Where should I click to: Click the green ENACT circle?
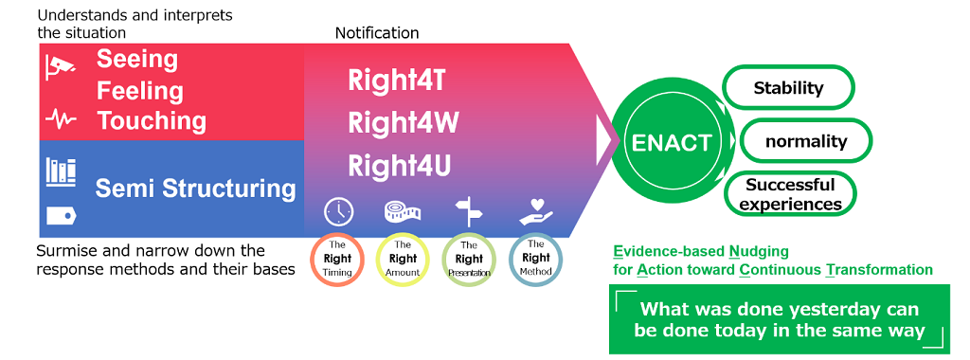click(x=672, y=143)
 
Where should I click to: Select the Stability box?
click(x=788, y=89)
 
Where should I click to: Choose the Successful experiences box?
click(x=790, y=194)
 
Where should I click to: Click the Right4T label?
click(x=396, y=79)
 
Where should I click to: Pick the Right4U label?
click(x=399, y=166)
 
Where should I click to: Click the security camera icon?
click(x=61, y=65)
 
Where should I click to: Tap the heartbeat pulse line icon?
click(x=61, y=119)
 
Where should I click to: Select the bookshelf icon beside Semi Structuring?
click(x=61, y=172)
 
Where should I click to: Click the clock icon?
click(x=338, y=212)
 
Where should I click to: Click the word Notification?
click(x=377, y=33)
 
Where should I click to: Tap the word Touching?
click(x=152, y=121)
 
